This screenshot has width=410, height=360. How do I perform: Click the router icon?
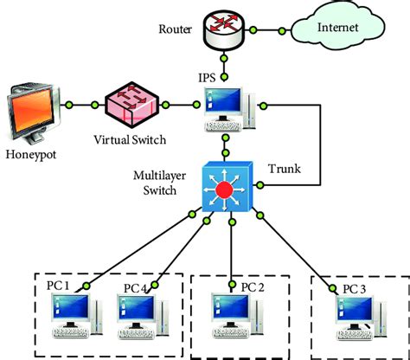click(x=226, y=28)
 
